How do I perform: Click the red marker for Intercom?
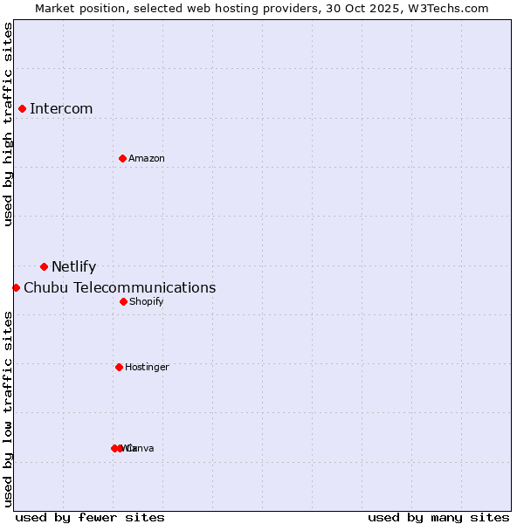pyautogui.click(x=23, y=108)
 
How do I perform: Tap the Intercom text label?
pyautogui.click(x=61, y=109)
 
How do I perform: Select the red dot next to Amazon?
pyautogui.click(x=123, y=158)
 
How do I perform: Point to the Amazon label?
pyautogui.click(x=147, y=159)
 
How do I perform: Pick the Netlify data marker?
pyautogui.click(x=44, y=266)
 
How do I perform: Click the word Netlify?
pyautogui.click(x=73, y=267)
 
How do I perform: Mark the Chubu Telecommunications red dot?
pyautogui.click(x=16, y=287)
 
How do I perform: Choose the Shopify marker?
pyautogui.click(x=123, y=301)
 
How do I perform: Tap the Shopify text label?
pyautogui.click(x=147, y=302)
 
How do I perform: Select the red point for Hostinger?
pyautogui.click(x=119, y=367)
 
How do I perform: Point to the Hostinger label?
pyautogui.click(x=147, y=368)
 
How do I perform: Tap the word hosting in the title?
pyautogui.click(x=235, y=8)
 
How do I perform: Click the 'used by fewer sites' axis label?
pyautogui.click(x=90, y=517)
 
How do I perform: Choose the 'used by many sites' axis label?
pyautogui.click(x=438, y=517)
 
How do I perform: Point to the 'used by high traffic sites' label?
pyautogui.click(x=8, y=124)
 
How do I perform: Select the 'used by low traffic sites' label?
pyautogui.click(x=8, y=409)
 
